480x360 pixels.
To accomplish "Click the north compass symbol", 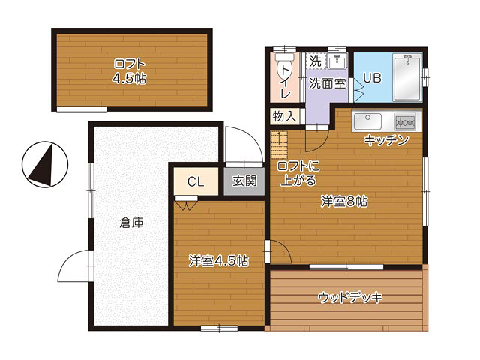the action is [x=45, y=165].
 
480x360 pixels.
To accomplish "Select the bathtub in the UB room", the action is [x=407, y=78].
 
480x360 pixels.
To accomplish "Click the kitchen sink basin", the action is [x=367, y=121].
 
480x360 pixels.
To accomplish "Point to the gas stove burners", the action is [x=405, y=121].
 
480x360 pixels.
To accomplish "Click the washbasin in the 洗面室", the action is [x=337, y=61].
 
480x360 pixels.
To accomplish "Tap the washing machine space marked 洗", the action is [x=315, y=61].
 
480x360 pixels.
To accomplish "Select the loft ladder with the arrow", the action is [x=279, y=145].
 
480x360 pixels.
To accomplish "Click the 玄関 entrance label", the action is [x=244, y=181].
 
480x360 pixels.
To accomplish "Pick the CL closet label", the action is [x=196, y=182].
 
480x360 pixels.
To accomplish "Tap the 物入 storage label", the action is [x=285, y=116].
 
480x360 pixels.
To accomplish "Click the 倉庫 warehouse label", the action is [x=131, y=223].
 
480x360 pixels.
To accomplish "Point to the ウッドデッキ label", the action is [x=350, y=297].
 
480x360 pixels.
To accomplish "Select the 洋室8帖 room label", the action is [x=344, y=202].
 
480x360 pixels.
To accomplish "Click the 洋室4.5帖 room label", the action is [x=218, y=261].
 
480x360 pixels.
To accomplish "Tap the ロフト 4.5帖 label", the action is [x=130, y=72].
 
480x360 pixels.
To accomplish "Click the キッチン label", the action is [x=386, y=140].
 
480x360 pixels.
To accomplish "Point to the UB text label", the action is [x=372, y=78].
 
